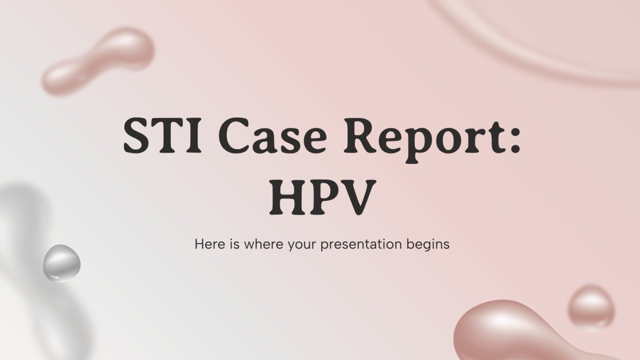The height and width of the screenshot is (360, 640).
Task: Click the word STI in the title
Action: coord(163,135)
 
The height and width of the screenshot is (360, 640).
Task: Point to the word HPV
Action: coord(322,197)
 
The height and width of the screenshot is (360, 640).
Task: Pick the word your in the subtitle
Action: coord(302,246)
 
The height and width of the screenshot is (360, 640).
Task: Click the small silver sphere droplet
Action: coord(62,263)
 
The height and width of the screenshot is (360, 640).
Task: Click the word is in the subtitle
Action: coord(234,244)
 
